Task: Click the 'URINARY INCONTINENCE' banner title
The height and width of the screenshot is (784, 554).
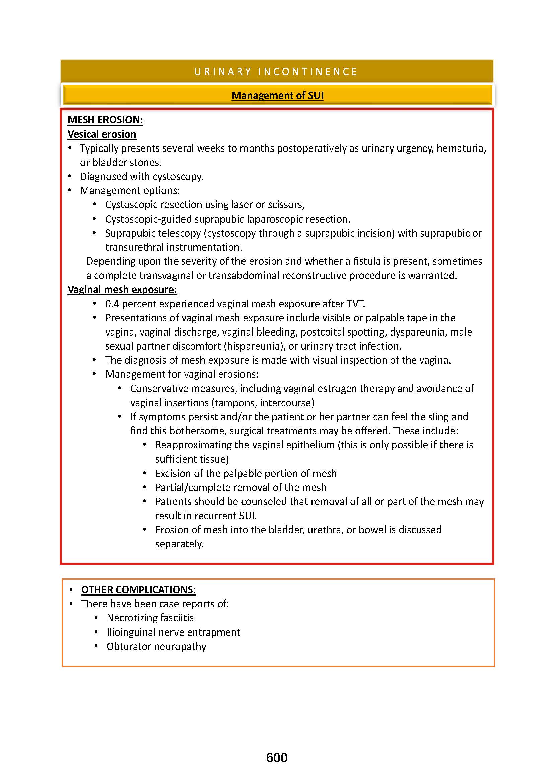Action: click(x=276, y=72)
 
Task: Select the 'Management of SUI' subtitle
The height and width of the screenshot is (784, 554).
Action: click(x=277, y=95)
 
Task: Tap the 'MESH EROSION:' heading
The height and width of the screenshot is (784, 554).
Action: click(x=105, y=120)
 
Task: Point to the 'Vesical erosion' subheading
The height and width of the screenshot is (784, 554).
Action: click(x=102, y=134)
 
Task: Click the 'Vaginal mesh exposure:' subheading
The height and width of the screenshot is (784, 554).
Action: click(x=122, y=290)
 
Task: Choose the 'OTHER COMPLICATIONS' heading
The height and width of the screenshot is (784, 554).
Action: click(x=137, y=590)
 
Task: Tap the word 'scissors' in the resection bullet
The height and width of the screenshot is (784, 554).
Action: click(x=286, y=205)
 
